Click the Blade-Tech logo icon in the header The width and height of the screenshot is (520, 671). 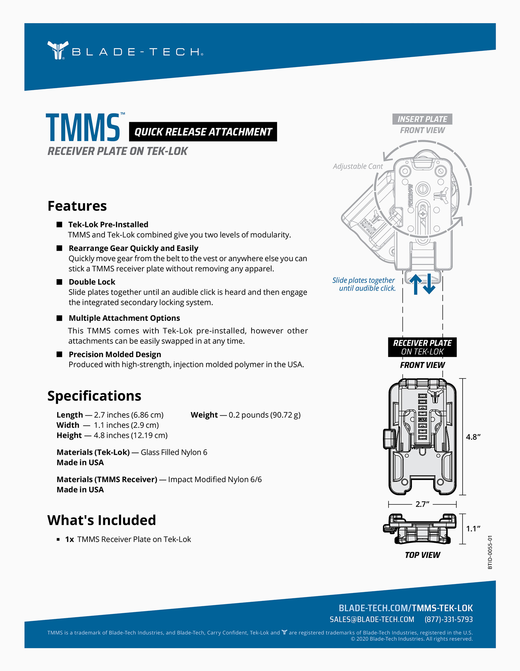point(58,50)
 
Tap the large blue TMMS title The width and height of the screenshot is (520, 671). point(83,128)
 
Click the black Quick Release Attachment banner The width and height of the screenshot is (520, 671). point(203,132)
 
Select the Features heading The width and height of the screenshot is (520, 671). point(77,206)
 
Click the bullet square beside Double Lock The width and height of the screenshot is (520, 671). point(59,282)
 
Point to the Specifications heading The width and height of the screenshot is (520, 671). point(94,396)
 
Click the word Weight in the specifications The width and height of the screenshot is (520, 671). point(204,415)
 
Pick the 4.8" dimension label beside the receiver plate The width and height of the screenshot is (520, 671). point(473,437)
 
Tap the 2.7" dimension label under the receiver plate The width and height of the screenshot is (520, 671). point(422,504)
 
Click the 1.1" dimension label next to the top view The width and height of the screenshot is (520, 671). point(473,529)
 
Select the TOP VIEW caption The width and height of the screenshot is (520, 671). point(422,555)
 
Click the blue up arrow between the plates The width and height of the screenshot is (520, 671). point(415,285)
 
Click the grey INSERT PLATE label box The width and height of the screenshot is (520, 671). point(422,119)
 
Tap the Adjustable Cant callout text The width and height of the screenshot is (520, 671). point(358,166)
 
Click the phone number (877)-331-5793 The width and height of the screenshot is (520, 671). point(448,619)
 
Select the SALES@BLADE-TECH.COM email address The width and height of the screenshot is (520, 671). point(372,619)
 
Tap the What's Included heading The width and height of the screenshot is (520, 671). point(102,520)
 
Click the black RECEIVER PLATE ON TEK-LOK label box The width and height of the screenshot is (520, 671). point(422,347)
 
